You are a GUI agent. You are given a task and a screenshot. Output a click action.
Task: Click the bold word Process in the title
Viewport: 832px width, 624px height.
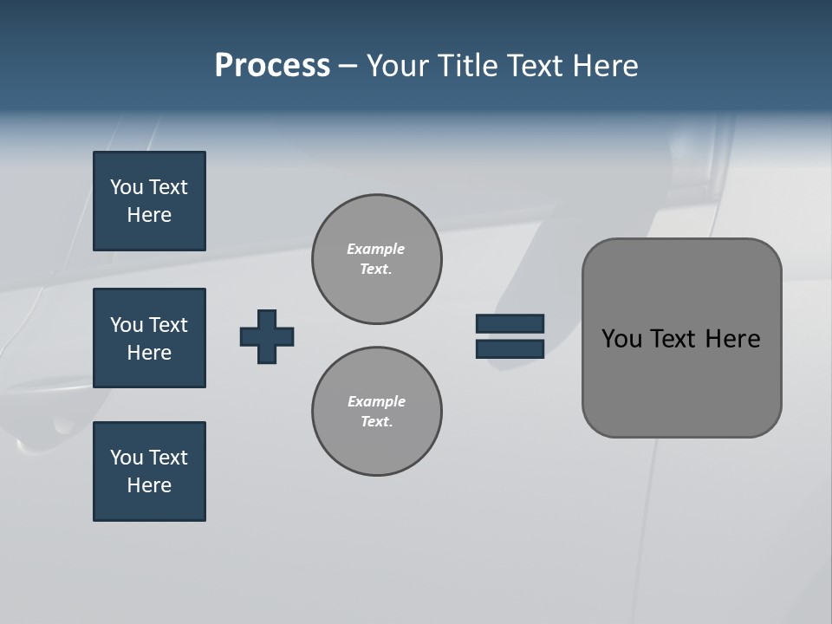tap(272, 66)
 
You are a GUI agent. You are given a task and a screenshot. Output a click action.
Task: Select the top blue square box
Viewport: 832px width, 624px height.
tap(149, 201)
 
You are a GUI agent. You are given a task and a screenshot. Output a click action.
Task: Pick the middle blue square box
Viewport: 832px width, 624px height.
tap(149, 338)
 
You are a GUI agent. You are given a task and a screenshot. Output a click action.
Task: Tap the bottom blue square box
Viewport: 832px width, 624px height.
tap(149, 471)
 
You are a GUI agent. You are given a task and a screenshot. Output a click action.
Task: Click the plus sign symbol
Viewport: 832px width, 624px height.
tap(267, 336)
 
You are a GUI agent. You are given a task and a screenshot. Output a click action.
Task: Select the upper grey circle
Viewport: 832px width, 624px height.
tap(376, 259)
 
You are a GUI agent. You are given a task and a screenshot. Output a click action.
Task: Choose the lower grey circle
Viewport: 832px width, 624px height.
tap(376, 412)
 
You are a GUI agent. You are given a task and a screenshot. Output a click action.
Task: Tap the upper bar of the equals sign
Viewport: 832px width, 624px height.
tap(510, 324)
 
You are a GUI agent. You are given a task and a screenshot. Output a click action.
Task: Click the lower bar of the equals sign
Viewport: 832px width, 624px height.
tap(510, 349)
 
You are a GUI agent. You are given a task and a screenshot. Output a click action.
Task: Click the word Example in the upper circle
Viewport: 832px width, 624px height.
tap(375, 249)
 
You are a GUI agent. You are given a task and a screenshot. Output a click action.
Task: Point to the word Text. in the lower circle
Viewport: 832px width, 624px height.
tap(376, 422)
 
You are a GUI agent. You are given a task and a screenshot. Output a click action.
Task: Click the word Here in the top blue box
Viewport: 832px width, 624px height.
tap(149, 215)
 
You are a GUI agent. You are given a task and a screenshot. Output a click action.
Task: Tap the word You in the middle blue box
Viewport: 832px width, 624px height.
tap(125, 325)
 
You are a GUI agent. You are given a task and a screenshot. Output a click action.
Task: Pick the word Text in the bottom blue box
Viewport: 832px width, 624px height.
tap(167, 458)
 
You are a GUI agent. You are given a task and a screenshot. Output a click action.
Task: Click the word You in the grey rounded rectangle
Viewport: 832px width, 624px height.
tap(621, 339)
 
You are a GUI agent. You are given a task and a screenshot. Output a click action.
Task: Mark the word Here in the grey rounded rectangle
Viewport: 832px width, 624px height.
tap(732, 339)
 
